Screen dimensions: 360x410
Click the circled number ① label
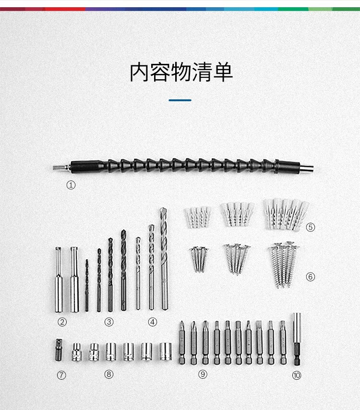(71, 185)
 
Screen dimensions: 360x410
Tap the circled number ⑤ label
(311, 227)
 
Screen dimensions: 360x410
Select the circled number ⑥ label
(311, 277)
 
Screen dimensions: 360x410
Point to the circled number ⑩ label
(297, 375)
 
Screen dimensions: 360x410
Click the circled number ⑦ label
(61, 375)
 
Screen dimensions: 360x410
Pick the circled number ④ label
(153, 322)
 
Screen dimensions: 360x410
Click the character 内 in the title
(140, 72)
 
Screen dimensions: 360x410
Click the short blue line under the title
(180, 100)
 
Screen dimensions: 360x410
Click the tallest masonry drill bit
(164, 259)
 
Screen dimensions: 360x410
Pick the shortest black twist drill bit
(86, 285)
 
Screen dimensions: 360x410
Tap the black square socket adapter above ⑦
(59, 350)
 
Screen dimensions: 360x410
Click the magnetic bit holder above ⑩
(297, 339)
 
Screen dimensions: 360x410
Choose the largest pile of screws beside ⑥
(283, 265)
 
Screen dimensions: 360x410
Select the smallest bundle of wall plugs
(198, 217)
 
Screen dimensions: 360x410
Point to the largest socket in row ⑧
(166, 352)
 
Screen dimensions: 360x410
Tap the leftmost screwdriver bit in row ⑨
(182, 342)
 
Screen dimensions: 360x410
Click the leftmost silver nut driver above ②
(59, 279)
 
